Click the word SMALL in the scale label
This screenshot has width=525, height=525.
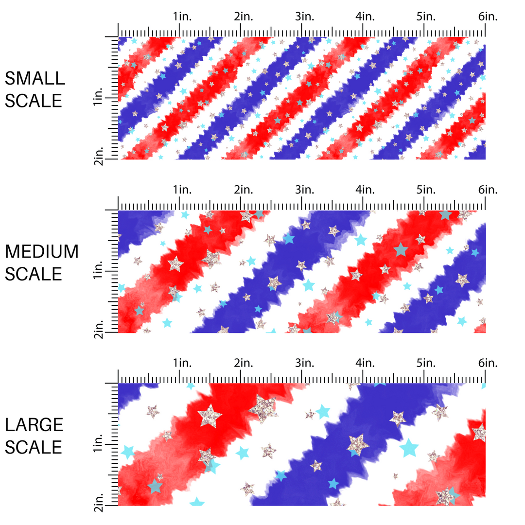pyautogui.click(x=34, y=78)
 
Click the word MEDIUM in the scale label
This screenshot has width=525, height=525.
pyautogui.click(x=41, y=252)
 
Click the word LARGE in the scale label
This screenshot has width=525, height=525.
pyautogui.click(x=34, y=425)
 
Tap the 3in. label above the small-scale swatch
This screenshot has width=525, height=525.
pyautogui.click(x=304, y=17)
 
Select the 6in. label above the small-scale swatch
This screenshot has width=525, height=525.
pyautogui.click(x=488, y=17)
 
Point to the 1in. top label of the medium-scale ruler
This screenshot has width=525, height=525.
pyautogui.click(x=182, y=190)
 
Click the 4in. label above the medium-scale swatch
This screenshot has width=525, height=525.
pyautogui.click(x=365, y=190)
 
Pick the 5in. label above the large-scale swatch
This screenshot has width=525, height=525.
pyautogui.click(x=426, y=363)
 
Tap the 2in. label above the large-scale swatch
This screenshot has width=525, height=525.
pyautogui.click(x=243, y=363)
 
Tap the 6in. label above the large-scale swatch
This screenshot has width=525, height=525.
pyautogui.click(x=488, y=363)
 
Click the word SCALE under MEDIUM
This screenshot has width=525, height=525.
pyautogui.click(x=34, y=274)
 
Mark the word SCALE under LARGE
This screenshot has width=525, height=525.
pyautogui.click(x=34, y=447)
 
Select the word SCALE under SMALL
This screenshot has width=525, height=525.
pyautogui.click(x=34, y=101)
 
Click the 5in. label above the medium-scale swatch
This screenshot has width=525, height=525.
pyautogui.click(x=426, y=190)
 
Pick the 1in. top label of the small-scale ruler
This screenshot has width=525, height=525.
pyautogui.click(x=182, y=17)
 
